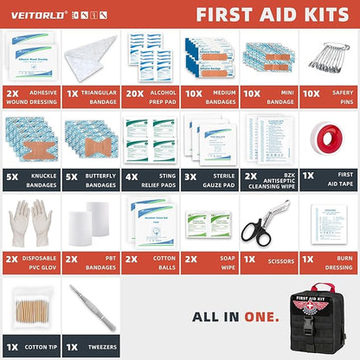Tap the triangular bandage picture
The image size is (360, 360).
point(90,57)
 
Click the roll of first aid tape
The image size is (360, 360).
point(330,138)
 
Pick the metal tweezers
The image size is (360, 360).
point(89,303)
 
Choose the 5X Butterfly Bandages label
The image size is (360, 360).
point(89,179)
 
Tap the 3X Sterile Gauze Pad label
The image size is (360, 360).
point(209,179)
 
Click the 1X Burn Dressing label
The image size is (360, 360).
point(329,262)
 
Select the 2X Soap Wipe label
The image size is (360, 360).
point(209,262)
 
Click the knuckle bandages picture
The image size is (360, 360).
point(30,138)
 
